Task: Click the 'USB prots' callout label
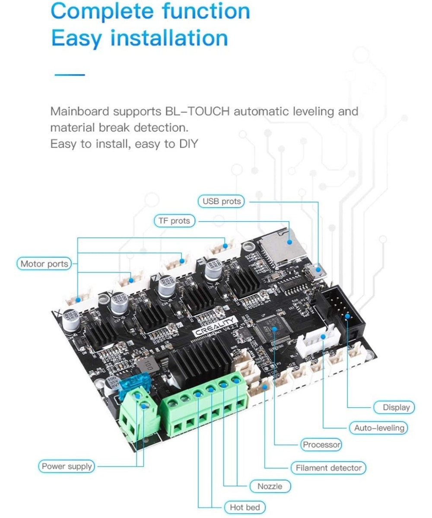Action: [222, 201]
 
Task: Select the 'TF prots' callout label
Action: [174, 221]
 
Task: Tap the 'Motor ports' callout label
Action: [44, 264]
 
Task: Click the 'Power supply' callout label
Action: [67, 466]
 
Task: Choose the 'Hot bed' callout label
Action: [245, 507]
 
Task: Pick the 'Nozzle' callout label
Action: [270, 486]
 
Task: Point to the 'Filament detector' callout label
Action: [329, 468]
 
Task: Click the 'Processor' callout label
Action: [321, 445]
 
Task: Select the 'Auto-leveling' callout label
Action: [379, 428]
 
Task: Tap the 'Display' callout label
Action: [396, 407]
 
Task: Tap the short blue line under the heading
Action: [69, 75]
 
